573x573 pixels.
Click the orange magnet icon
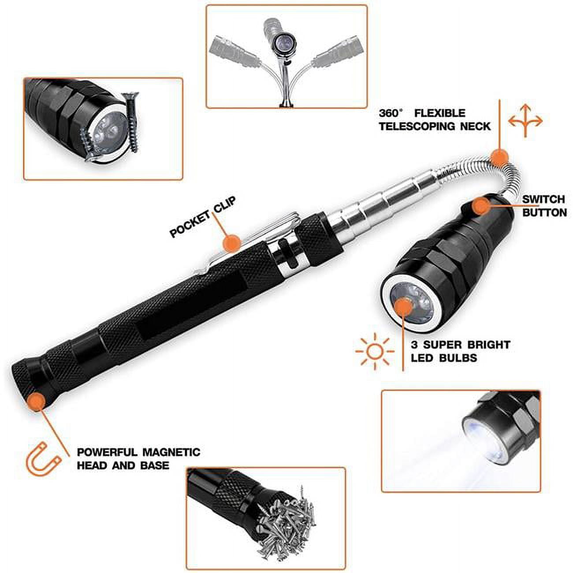(x=44, y=461)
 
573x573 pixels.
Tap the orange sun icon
(x=375, y=351)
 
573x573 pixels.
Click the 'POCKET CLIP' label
(x=203, y=217)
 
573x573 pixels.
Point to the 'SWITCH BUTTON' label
(x=544, y=206)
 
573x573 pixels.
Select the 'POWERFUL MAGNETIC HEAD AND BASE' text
(x=138, y=458)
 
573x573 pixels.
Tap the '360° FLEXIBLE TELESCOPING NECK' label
(x=434, y=120)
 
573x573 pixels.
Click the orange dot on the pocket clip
(x=232, y=242)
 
